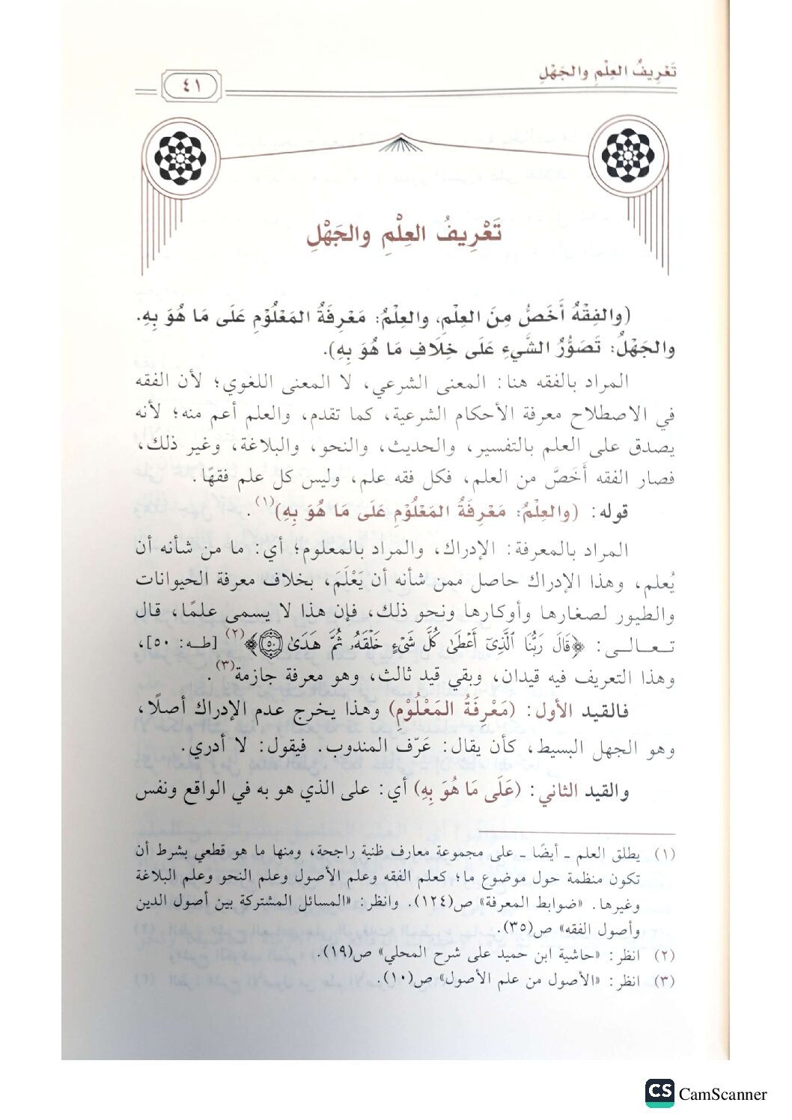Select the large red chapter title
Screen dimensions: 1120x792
coord(405,233)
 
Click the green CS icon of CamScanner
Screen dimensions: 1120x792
coord(660,1092)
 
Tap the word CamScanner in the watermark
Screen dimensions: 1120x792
coord(723,1094)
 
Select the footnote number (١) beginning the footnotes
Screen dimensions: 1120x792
coord(665,854)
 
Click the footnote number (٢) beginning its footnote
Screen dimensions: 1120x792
coord(665,955)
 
